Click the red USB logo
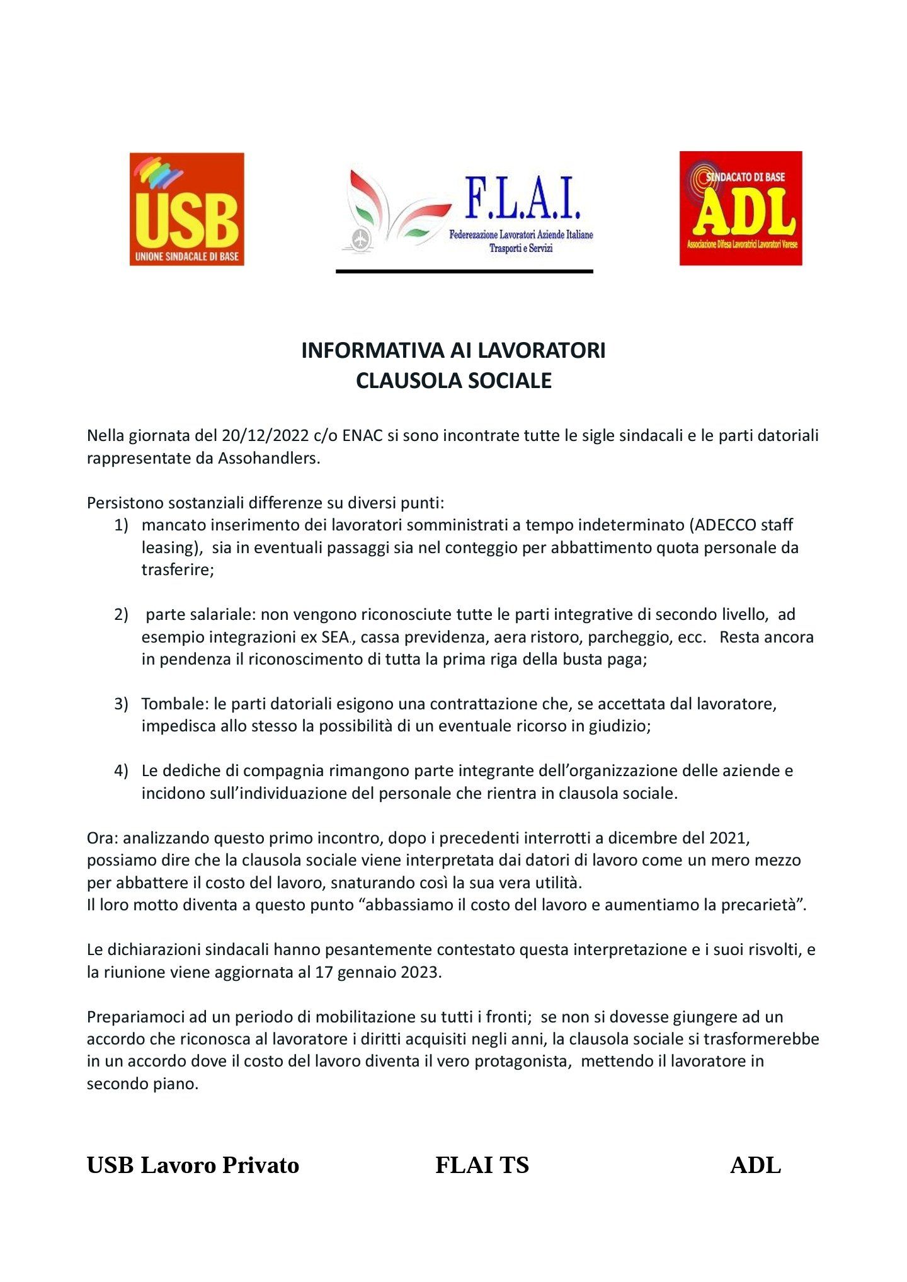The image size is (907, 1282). point(186,209)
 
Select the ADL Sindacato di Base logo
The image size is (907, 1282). point(740,208)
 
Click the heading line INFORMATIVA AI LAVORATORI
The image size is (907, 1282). point(453,350)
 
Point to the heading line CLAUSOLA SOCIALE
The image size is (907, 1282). point(453,381)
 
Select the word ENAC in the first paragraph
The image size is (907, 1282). point(362,435)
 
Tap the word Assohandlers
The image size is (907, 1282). point(269,458)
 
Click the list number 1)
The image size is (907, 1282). point(121,525)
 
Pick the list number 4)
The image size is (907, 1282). point(121,770)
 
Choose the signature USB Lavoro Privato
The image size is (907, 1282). point(193,1165)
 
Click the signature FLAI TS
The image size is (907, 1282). point(482,1165)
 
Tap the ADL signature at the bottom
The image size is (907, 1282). point(755,1165)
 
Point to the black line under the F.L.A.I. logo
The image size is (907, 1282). point(464,272)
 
